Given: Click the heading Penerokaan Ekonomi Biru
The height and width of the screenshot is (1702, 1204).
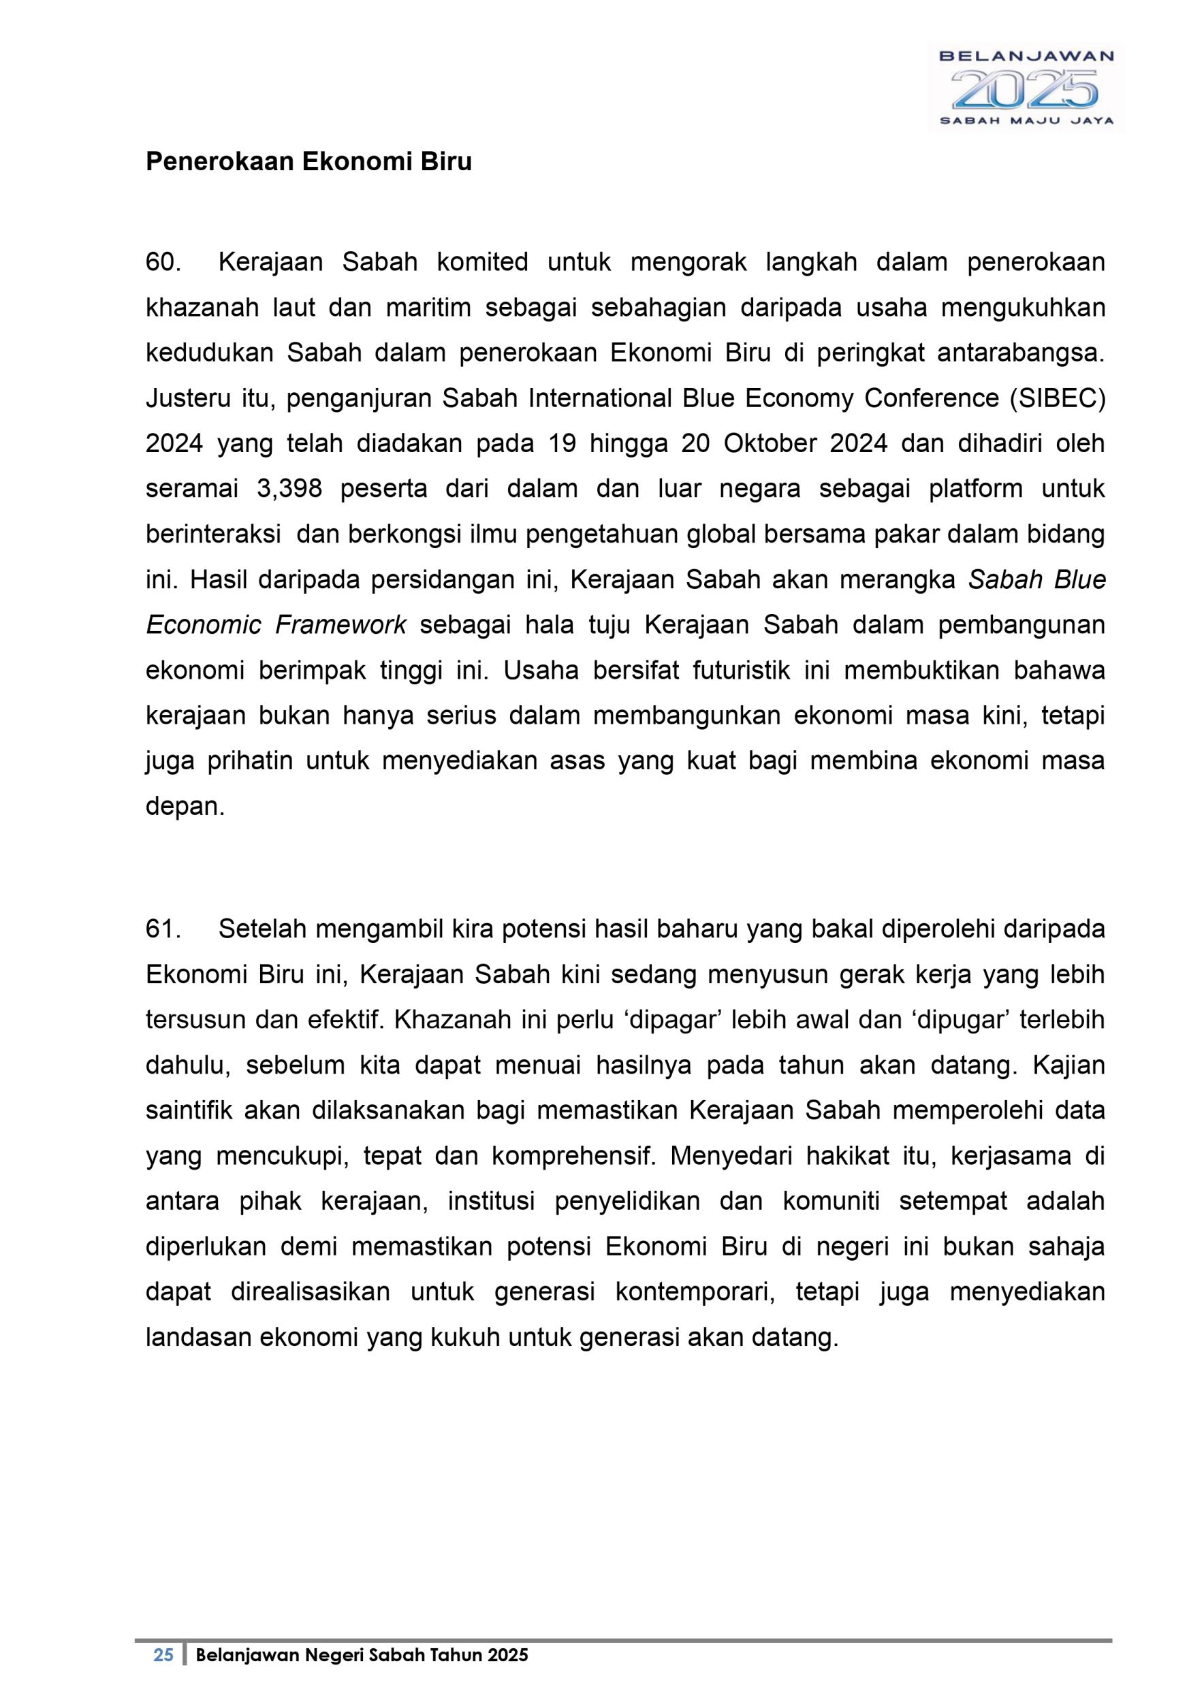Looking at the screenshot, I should click(308, 161).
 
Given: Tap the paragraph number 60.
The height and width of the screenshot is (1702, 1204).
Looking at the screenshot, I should click(163, 262).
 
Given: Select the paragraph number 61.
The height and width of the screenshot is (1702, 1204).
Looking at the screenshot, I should click(163, 929).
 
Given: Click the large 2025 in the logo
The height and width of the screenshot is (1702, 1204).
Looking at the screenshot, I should click(1026, 91).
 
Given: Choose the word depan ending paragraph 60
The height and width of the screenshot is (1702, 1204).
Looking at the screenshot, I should click(185, 807).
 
